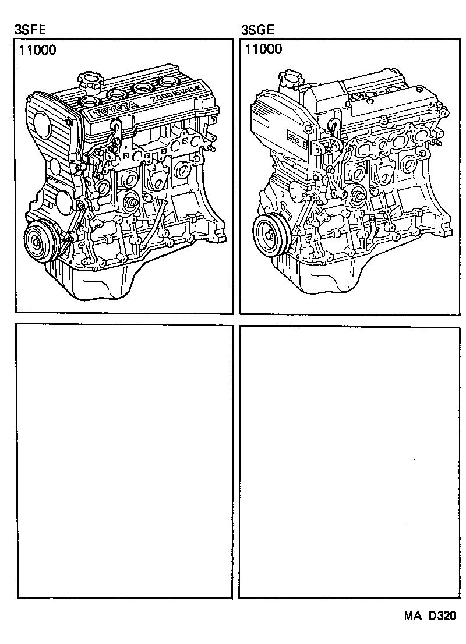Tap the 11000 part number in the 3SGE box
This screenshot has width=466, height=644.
(x=263, y=50)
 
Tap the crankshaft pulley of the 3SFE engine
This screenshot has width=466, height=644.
(x=40, y=243)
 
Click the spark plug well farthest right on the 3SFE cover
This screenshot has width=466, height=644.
(x=170, y=81)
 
